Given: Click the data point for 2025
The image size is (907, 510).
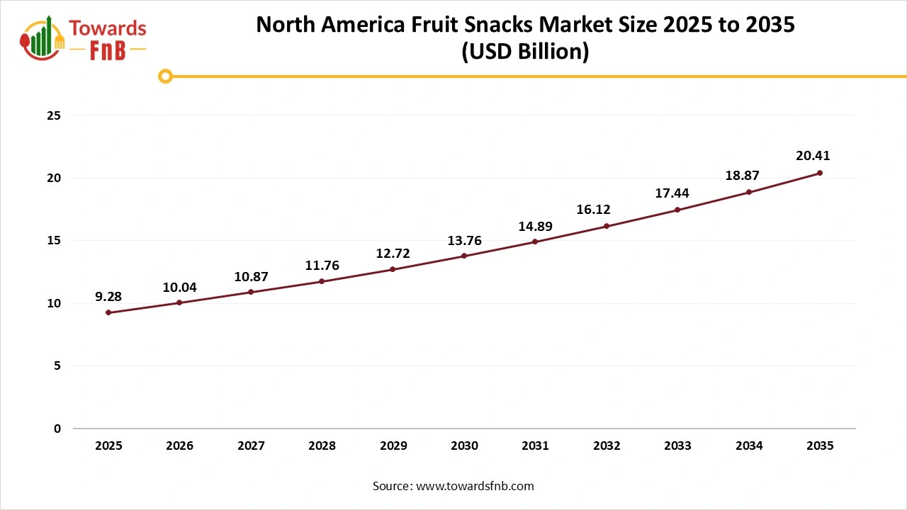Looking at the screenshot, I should coord(108,312).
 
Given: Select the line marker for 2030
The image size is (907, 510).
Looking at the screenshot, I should coord(464,256).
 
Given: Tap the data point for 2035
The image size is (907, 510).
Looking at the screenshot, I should coord(820,173).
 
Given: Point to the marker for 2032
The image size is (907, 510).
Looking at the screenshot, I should coord(607,226).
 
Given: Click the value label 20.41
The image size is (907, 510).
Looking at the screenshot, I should coord(812,156).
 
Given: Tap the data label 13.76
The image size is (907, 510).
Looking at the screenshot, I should coord(464,241).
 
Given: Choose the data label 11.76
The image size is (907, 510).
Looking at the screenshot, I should coord(322,266).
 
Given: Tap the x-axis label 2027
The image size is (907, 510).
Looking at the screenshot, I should coord(251,446).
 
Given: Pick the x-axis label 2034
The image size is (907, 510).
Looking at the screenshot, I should coord(749,446).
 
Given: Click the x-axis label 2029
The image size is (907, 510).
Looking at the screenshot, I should coord(393,446).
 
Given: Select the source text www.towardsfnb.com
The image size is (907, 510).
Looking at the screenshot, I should coord(475,486).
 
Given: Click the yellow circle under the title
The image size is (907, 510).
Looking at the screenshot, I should coord(165,76).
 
